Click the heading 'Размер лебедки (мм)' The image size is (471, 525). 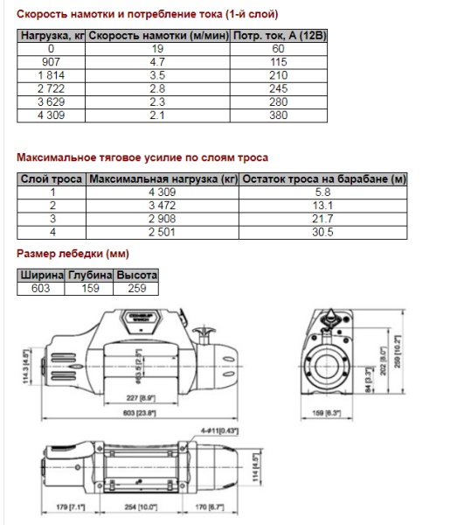[73, 255]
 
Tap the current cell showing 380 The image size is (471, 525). [281, 115]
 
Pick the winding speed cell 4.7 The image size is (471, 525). [158, 62]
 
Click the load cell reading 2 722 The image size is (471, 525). [52, 89]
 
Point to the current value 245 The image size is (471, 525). [281, 89]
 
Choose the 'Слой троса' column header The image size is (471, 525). [52, 179]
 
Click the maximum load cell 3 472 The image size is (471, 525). [163, 206]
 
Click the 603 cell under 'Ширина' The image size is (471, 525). [41, 288]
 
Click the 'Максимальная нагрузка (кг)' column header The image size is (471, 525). [163, 179]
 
